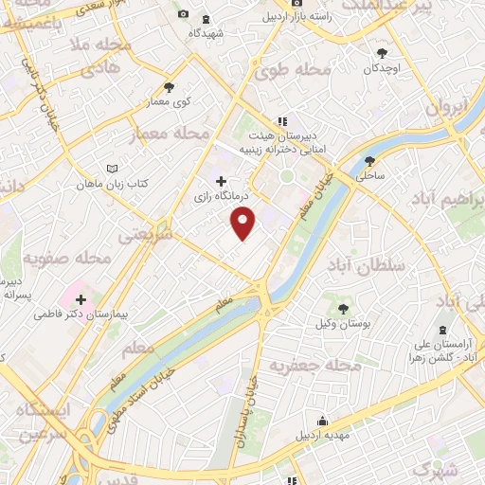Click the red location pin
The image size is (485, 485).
(x=243, y=224)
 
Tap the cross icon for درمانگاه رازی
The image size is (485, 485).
(x=222, y=181)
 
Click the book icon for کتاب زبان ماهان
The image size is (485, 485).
(x=114, y=168)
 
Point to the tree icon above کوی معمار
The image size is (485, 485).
(x=169, y=86)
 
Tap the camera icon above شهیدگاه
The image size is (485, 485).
(x=183, y=15)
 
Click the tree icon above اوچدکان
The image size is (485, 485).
(x=382, y=53)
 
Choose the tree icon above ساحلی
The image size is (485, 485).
(x=369, y=160)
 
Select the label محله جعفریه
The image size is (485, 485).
(x=314, y=365)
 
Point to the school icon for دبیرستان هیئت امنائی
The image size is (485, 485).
(x=281, y=122)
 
